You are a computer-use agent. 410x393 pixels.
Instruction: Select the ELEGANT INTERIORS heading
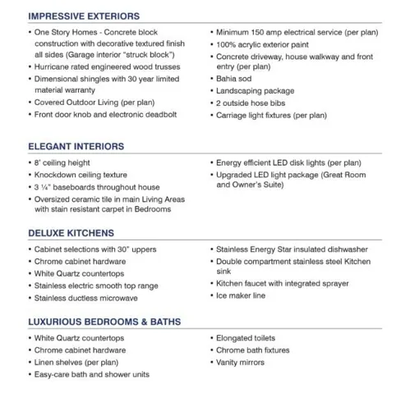click(76, 147)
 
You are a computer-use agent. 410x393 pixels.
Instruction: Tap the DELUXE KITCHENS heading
click(71, 233)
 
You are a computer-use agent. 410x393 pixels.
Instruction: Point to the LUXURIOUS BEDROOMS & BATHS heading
click(104, 322)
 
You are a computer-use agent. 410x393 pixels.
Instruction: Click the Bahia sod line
click(236, 90)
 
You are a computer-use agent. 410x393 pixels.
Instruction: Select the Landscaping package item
click(255, 103)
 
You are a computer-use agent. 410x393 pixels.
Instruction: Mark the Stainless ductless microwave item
click(87, 299)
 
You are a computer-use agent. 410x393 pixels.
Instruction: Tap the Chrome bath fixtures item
click(254, 350)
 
